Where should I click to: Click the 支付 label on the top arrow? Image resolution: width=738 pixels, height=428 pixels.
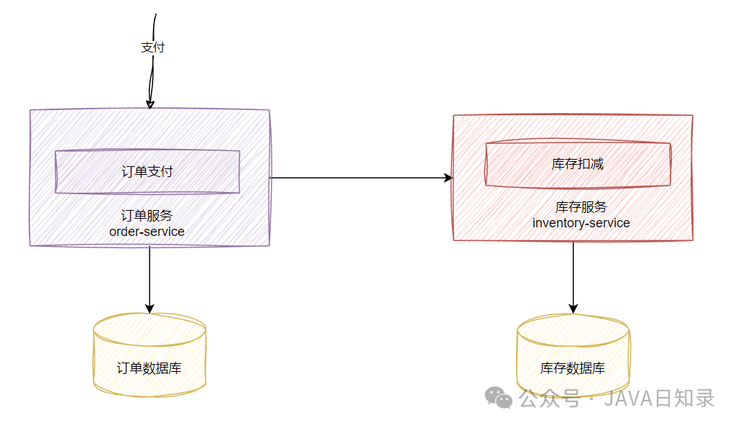click(153, 48)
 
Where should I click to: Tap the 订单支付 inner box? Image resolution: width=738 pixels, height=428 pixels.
click(147, 172)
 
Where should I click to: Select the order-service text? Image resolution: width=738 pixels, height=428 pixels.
click(147, 232)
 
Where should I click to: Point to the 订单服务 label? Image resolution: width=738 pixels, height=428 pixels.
click(147, 216)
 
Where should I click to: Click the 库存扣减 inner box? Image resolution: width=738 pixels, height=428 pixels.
click(578, 164)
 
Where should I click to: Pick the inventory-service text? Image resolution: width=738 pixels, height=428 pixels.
click(581, 223)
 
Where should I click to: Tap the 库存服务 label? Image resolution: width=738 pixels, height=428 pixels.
click(581, 207)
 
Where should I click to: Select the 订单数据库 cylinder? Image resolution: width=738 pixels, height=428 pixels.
click(149, 356)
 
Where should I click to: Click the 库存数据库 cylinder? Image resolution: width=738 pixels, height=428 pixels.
click(573, 356)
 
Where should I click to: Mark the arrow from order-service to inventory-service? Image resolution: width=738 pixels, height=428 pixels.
click(359, 178)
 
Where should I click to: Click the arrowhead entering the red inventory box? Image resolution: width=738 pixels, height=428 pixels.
click(448, 178)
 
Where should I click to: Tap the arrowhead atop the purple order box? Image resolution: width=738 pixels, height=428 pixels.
click(149, 104)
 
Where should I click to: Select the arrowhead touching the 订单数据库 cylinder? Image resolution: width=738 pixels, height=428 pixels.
click(149, 308)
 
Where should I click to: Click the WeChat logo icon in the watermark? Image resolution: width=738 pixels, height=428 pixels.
click(499, 396)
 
